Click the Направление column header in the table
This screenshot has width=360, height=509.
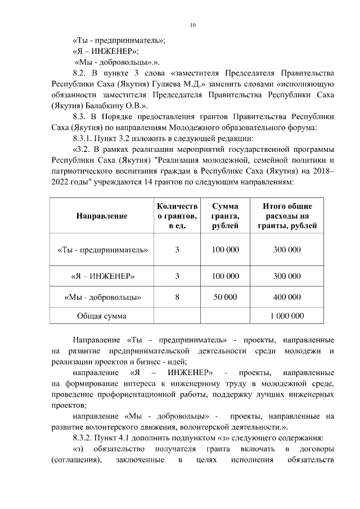point(102,215)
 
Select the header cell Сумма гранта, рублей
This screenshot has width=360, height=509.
point(225,215)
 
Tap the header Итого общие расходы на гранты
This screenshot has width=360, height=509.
point(287,215)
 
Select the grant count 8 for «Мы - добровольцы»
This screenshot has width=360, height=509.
point(177,297)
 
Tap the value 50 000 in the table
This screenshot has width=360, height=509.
point(225,297)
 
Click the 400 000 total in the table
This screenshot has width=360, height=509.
point(287,297)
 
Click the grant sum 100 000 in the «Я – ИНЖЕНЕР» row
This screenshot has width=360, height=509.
point(225,276)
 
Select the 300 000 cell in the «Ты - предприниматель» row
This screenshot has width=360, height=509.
point(287,249)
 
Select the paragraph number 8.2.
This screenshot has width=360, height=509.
point(82,74)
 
